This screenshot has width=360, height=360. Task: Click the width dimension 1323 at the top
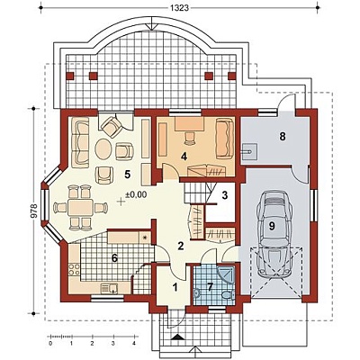pyautogui.click(x=180, y=8)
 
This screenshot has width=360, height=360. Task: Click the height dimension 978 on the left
pyautogui.click(x=34, y=211)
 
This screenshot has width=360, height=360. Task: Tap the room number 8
pyautogui.click(x=283, y=137)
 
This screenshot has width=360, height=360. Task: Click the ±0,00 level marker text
pyautogui.click(x=136, y=194)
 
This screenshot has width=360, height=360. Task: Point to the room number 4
pyautogui.click(x=184, y=157)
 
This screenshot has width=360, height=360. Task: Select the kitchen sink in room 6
pyautogui.click(x=109, y=288)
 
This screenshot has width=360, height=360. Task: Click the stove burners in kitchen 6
pyautogui.click(x=74, y=269)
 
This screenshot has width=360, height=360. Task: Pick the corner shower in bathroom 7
pyautogui.click(x=226, y=274)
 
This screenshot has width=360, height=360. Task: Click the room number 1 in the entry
pyautogui.click(x=175, y=287)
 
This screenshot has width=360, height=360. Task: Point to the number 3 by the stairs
pyautogui.click(x=225, y=195)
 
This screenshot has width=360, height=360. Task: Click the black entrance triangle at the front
pyautogui.click(x=178, y=337)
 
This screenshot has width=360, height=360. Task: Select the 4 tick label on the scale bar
pyautogui.click(x=134, y=343)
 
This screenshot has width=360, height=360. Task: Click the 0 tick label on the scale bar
pyautogui.click(x=50, y=343)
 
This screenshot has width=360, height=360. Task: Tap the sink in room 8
pyautogui.click(x=249, y=152)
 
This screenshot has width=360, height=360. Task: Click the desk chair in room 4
pyautogui.click(x=190, y=138)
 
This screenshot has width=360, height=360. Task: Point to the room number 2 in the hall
pyautogui.click(x=180, y=246)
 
